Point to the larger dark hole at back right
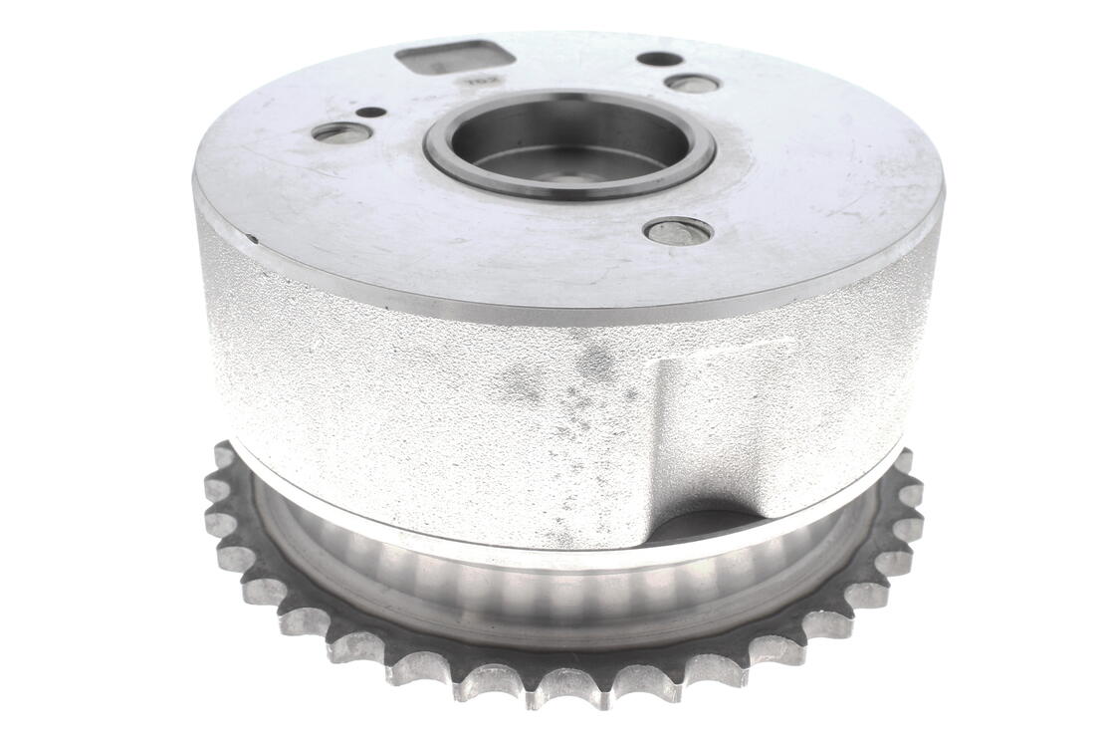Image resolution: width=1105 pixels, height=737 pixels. pos(659,59)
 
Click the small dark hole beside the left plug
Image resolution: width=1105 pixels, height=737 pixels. pos(370,112)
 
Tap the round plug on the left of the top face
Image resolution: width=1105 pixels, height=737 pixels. pos(341,132)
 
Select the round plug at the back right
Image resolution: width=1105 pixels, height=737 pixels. pos(693,84)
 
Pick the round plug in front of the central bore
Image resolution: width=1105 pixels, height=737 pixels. pos(678,231)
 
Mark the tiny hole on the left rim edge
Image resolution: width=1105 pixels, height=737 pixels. pos(254,238)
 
